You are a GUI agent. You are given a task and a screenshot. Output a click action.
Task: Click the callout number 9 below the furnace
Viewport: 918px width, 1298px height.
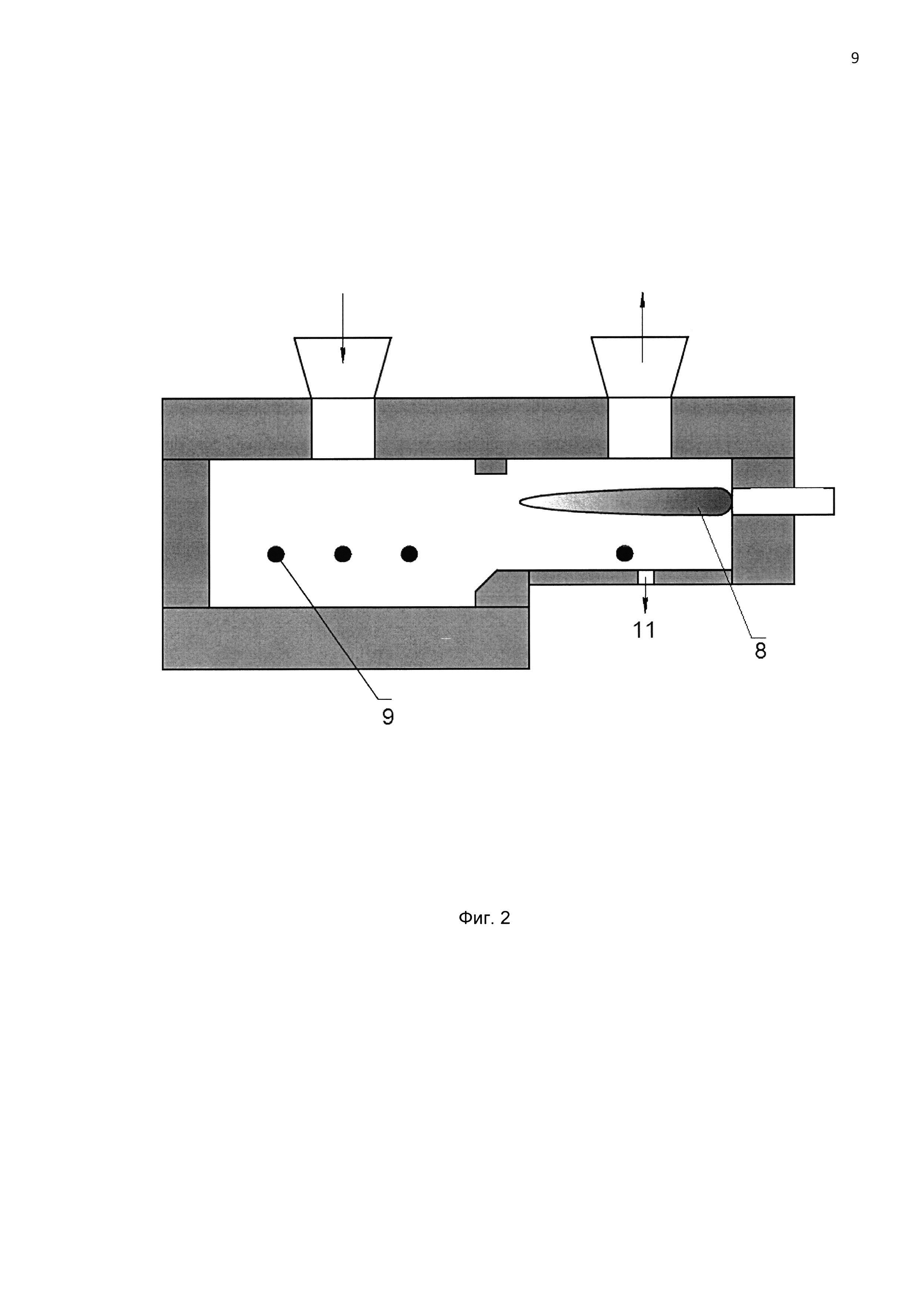click(x=388, y=717)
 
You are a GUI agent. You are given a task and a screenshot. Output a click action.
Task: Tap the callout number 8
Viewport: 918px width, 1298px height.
click(x=760, y=651)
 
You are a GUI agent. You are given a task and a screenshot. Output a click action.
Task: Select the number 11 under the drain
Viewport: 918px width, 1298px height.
click(x=644, y=630)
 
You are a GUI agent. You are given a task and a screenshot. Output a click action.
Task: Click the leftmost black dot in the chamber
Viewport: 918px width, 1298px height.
click(x=276, y=554)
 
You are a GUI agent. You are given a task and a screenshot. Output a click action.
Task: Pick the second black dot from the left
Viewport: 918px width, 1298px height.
click(x=342, y=554)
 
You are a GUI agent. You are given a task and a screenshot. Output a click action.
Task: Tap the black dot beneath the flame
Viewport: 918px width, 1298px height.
click(x=624, y=553)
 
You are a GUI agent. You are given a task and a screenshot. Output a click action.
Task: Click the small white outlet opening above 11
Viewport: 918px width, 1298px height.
click(x=646, y=577)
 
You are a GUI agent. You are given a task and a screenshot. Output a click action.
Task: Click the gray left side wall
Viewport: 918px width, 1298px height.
click(x=186, y=533)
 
